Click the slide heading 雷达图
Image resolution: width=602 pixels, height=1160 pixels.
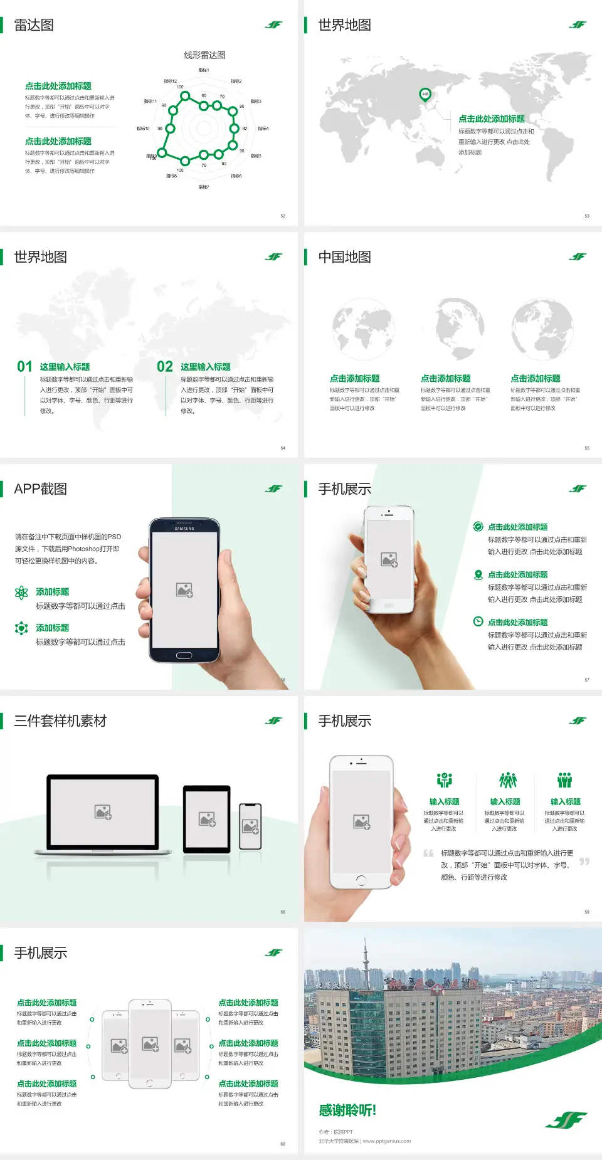[34, 25]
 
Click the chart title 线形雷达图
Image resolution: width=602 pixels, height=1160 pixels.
[204, 55]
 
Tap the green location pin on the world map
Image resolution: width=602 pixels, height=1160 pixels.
[425, 95]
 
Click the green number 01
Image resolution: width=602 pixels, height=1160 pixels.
[24, 367]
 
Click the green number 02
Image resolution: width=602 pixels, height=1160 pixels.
[165, 367]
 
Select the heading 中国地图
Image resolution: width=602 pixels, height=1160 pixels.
[344, 257]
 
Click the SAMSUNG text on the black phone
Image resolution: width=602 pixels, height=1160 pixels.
[184, 529]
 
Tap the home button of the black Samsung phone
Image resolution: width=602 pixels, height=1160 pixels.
[184, 655]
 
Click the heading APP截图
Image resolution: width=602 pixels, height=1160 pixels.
[41, 489]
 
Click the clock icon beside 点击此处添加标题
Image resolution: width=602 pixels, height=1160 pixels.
[478, 621]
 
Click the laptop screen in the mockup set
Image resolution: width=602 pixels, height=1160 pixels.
[103, 811]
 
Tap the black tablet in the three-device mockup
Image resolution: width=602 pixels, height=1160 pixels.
[207, 818]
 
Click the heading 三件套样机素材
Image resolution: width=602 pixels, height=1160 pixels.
[60, 721]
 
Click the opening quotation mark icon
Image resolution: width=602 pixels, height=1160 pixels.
[428, 853]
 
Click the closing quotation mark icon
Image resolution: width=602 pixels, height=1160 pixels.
[584, 862]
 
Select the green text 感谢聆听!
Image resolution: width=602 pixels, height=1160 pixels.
[347, 1110]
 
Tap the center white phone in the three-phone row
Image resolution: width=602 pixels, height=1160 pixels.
[150, 1043]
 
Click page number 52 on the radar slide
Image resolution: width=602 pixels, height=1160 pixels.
[283, 216]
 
